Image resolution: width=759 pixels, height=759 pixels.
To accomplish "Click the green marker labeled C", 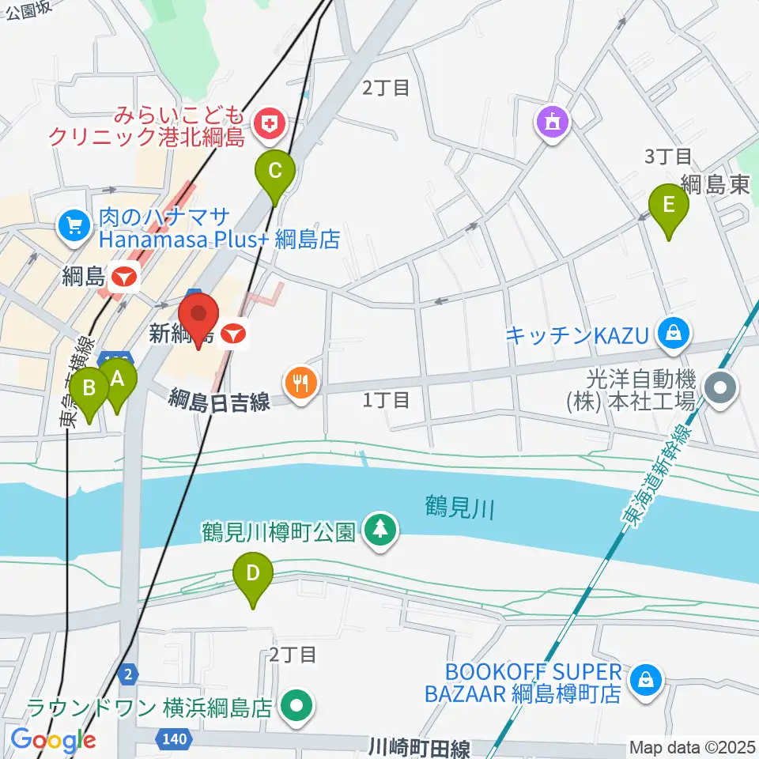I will (x=274, y=171).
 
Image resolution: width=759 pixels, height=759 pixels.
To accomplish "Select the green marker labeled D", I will (x=253, y=574).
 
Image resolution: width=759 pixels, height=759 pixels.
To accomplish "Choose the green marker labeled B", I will (x=89, y=389).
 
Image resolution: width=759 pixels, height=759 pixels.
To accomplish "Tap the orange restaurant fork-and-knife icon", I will (x=300, y=383).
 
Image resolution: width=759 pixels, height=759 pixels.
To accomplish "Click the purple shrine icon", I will (x=552, y=122).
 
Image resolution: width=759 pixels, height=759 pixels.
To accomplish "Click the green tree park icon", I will (x=381, y=528).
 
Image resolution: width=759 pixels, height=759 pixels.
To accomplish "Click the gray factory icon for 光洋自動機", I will (x=721, y=387).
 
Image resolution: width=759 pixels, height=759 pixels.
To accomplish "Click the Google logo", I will (x=52, y=741).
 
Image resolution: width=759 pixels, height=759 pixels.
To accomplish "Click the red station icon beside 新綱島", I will (x=232, y=334).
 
